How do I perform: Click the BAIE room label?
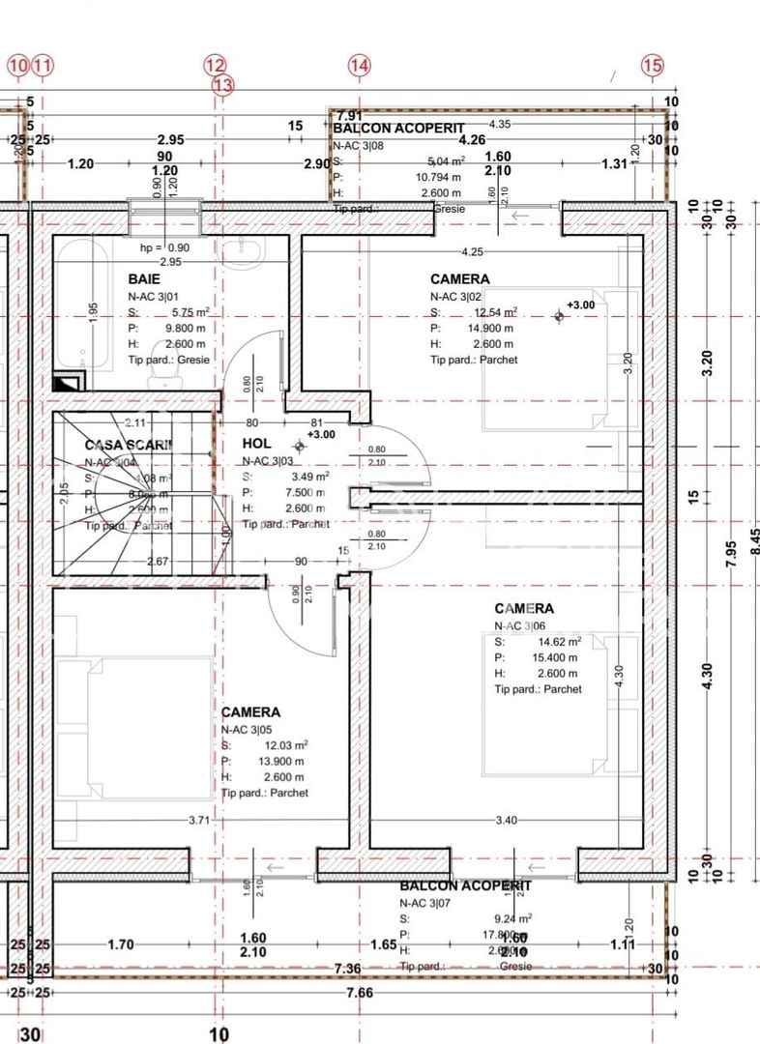point(144,278)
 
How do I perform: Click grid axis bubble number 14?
point(360,66)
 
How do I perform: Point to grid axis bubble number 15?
point(653,66)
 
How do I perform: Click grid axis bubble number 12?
point(215,66)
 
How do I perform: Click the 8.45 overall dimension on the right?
point(753,539)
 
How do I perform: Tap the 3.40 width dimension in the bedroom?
point(505,821)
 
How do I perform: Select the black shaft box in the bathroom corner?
point(69,381)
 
